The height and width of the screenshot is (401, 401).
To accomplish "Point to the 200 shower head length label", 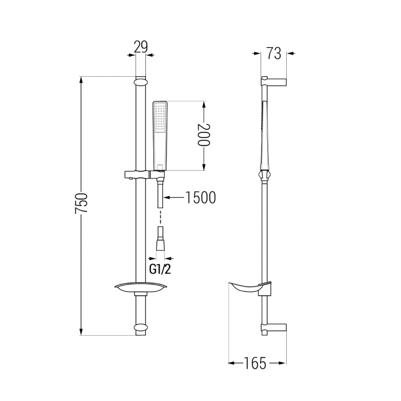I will (x=203, y=135).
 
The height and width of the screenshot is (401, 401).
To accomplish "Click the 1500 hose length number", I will (x=199, y=197).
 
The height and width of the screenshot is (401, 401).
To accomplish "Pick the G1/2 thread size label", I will (x=160, y=269).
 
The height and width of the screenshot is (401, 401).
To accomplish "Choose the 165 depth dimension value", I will (x=256, y=363).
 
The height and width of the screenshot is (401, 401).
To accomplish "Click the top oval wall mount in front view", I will (x=141, y=81).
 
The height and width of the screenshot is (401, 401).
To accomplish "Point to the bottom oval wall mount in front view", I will (x=141, y=329).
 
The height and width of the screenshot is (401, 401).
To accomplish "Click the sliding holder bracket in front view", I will (x=143, y=175).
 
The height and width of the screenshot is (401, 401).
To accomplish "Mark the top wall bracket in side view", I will (x=273, y=81).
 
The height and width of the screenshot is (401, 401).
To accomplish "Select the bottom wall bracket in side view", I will (x=273, y=328).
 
